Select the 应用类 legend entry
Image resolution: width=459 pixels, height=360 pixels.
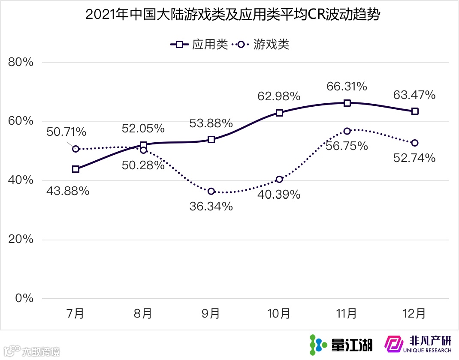[x=199, y=44]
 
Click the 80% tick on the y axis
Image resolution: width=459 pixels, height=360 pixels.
[x=21, y=63]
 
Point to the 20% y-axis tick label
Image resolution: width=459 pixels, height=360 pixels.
[x=21, y=240]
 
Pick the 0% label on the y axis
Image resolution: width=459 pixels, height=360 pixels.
[x=24, y=299]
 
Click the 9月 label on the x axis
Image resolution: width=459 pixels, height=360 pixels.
[x=211, y=314]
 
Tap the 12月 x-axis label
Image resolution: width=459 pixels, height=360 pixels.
[x=415, y=314]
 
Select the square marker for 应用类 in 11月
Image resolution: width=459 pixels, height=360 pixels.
[x=347, y=103]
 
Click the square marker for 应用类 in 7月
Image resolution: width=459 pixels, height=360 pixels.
[x=76, y=169]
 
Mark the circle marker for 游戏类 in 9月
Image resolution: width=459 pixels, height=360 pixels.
[x=211, y=191]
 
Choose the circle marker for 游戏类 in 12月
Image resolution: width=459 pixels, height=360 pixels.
[x=415, y=143]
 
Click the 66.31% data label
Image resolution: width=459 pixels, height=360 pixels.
[x=347, y=87]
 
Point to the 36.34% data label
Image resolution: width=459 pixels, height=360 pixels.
[x=211, y=207]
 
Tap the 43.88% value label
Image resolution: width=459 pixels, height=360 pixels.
[x=68, y=191]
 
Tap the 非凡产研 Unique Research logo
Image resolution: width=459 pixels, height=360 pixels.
[x=418, y=344]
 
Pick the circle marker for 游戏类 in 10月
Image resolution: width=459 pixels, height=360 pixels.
[x=279, y=179]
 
